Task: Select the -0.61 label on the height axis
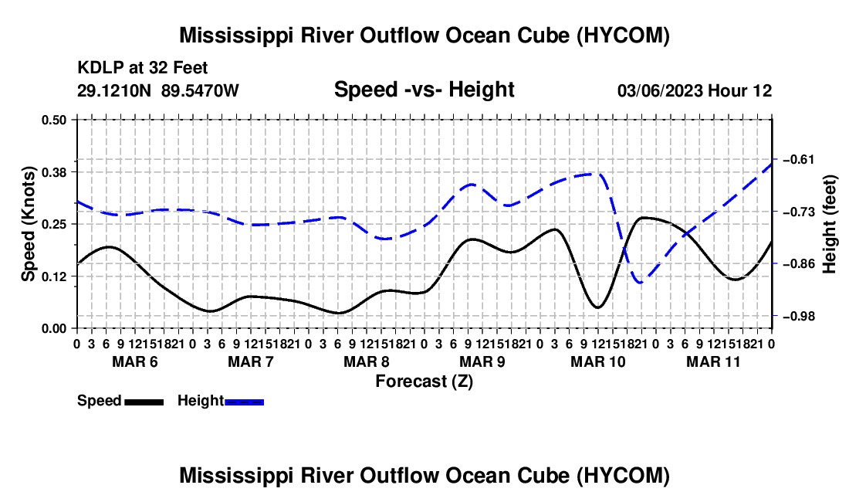coord(799,159)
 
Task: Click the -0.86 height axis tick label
coord(799,263)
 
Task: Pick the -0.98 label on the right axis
coord(799,316)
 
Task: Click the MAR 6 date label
coord(135,361)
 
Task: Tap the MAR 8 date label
coord(367,361)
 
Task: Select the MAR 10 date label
coord(597,361)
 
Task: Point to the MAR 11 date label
coord(713,361)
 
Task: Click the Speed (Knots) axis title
coord(28,224)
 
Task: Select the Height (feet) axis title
coord(830,224)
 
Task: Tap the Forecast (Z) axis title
coord(424,382)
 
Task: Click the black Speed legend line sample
coord(144,402)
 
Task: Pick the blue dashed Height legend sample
coord(244,402)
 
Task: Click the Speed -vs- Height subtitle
coord(424,90)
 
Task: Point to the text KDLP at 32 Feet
coord(143,68)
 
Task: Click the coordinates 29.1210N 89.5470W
coord(158,90)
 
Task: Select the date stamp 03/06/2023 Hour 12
coord(695,90)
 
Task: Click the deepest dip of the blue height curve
coord(641,283)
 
